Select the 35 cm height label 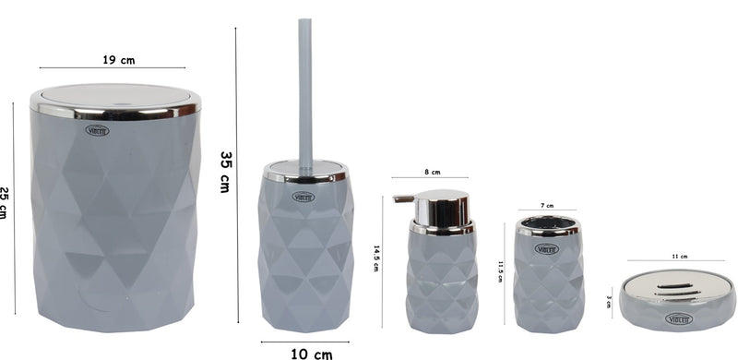click(x=224, y=172)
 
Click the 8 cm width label click(x=432, y=172)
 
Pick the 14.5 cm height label click(x=376, y=258)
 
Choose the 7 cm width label click(x=548, y=205)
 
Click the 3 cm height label click(x=610, y=300)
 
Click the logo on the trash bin click(x=97, y=130)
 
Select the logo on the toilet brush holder click(x=304, y=196)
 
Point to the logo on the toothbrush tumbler click(x=547, y=248)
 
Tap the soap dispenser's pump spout click(x=402, y=198)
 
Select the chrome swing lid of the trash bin click(x=115, y=98)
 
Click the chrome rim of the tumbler click(x=548, y=225)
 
